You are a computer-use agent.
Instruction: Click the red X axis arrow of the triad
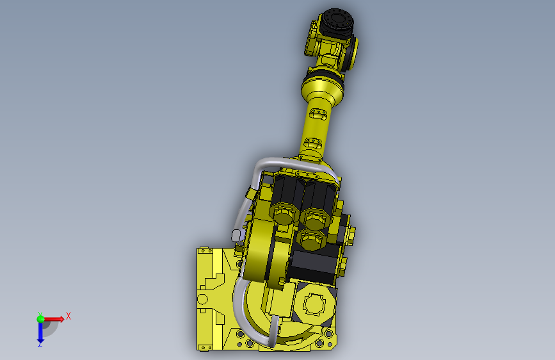pos(54,319)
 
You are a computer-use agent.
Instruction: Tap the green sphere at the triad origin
pos(41,319)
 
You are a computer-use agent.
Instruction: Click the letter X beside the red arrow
pos(68,316)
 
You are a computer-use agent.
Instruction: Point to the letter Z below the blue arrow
pos(40,344)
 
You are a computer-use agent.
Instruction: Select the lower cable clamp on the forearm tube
pos(313,142)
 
